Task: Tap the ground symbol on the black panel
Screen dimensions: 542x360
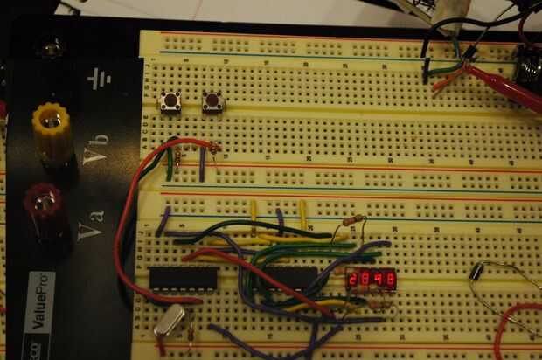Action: [x=99, y=80]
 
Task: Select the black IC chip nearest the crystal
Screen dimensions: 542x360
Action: [x=184, y=278]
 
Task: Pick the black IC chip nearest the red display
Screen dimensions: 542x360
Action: [x=293, y=278]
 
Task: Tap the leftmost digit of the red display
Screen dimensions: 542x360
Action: [x=353, y=280]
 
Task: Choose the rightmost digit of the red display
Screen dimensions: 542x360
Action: [x=391, y=280]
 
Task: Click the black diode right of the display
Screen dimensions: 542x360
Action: [x=477, y=271]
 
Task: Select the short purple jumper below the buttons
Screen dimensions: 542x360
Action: [x=202, y=164]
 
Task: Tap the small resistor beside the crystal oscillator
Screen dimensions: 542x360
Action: [x=191, y=331]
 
